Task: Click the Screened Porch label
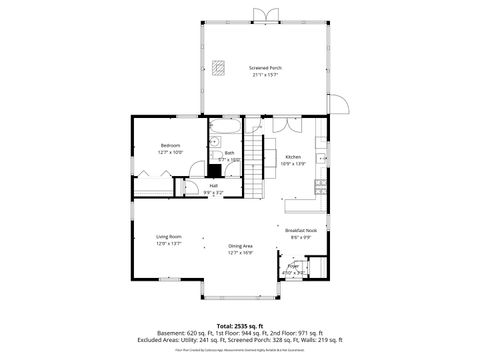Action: [265, 68]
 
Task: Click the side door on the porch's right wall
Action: [338, 105]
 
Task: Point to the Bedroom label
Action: [169, 146]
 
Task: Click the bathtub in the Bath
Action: [222, 129]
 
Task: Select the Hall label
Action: [213, 185]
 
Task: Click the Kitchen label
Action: [293, 157]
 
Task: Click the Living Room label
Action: [168, 236]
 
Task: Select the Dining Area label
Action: [240, 245]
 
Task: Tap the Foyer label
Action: [293, 266]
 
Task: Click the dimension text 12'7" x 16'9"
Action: [240, 252]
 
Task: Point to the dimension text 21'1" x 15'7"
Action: [265, 75]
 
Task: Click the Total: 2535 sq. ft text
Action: [239, 326]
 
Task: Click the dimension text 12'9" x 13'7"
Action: [168, 243]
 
